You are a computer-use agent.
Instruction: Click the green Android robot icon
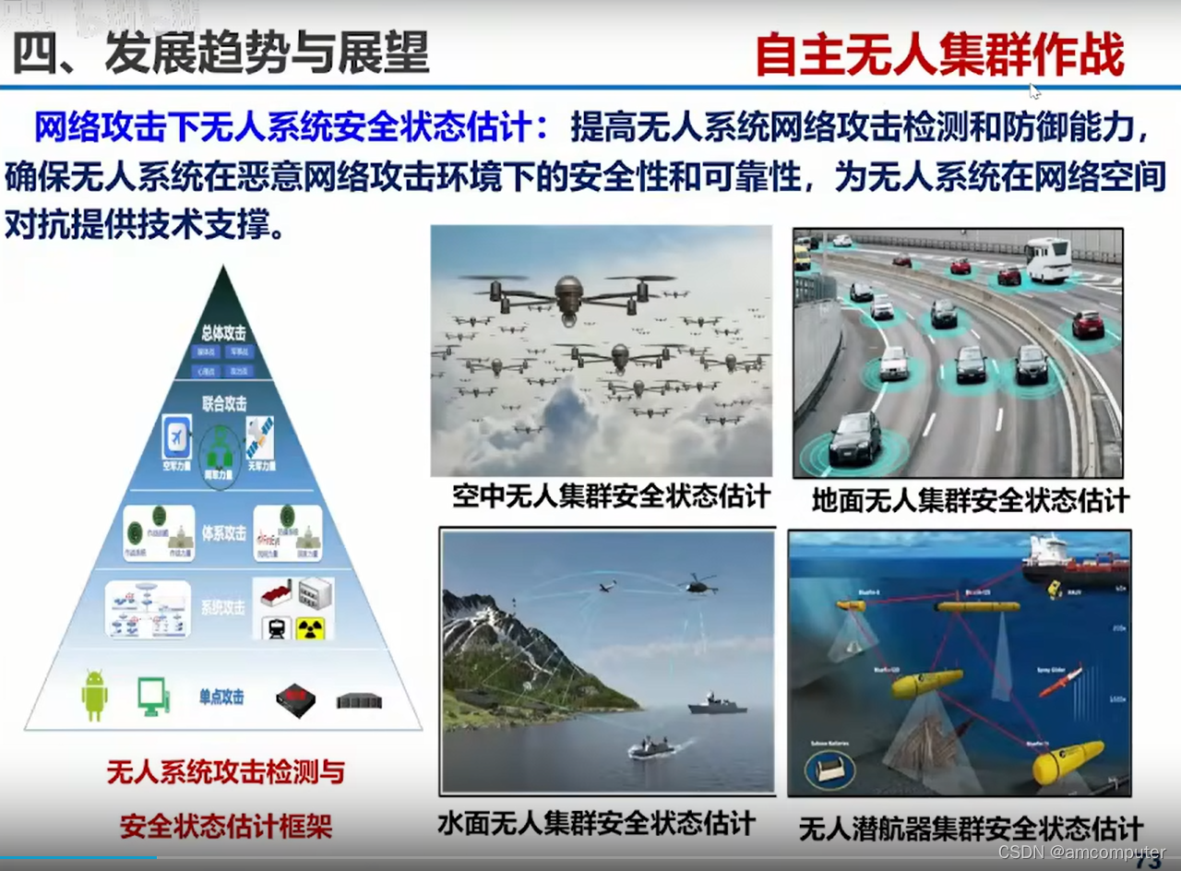pos(94,695)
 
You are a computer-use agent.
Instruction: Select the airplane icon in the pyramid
pos(176,435)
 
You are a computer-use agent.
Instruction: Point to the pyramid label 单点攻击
pos(221,698)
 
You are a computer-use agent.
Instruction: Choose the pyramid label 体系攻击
pos(223,533)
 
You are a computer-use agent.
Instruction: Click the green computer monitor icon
pos(153,697)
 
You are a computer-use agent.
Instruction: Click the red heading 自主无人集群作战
pos(939,55)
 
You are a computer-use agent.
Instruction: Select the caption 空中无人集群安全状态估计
pos(611,496)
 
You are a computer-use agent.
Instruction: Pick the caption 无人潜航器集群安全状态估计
pos(971,829)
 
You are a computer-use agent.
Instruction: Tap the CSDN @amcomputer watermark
pos(1081,852)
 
